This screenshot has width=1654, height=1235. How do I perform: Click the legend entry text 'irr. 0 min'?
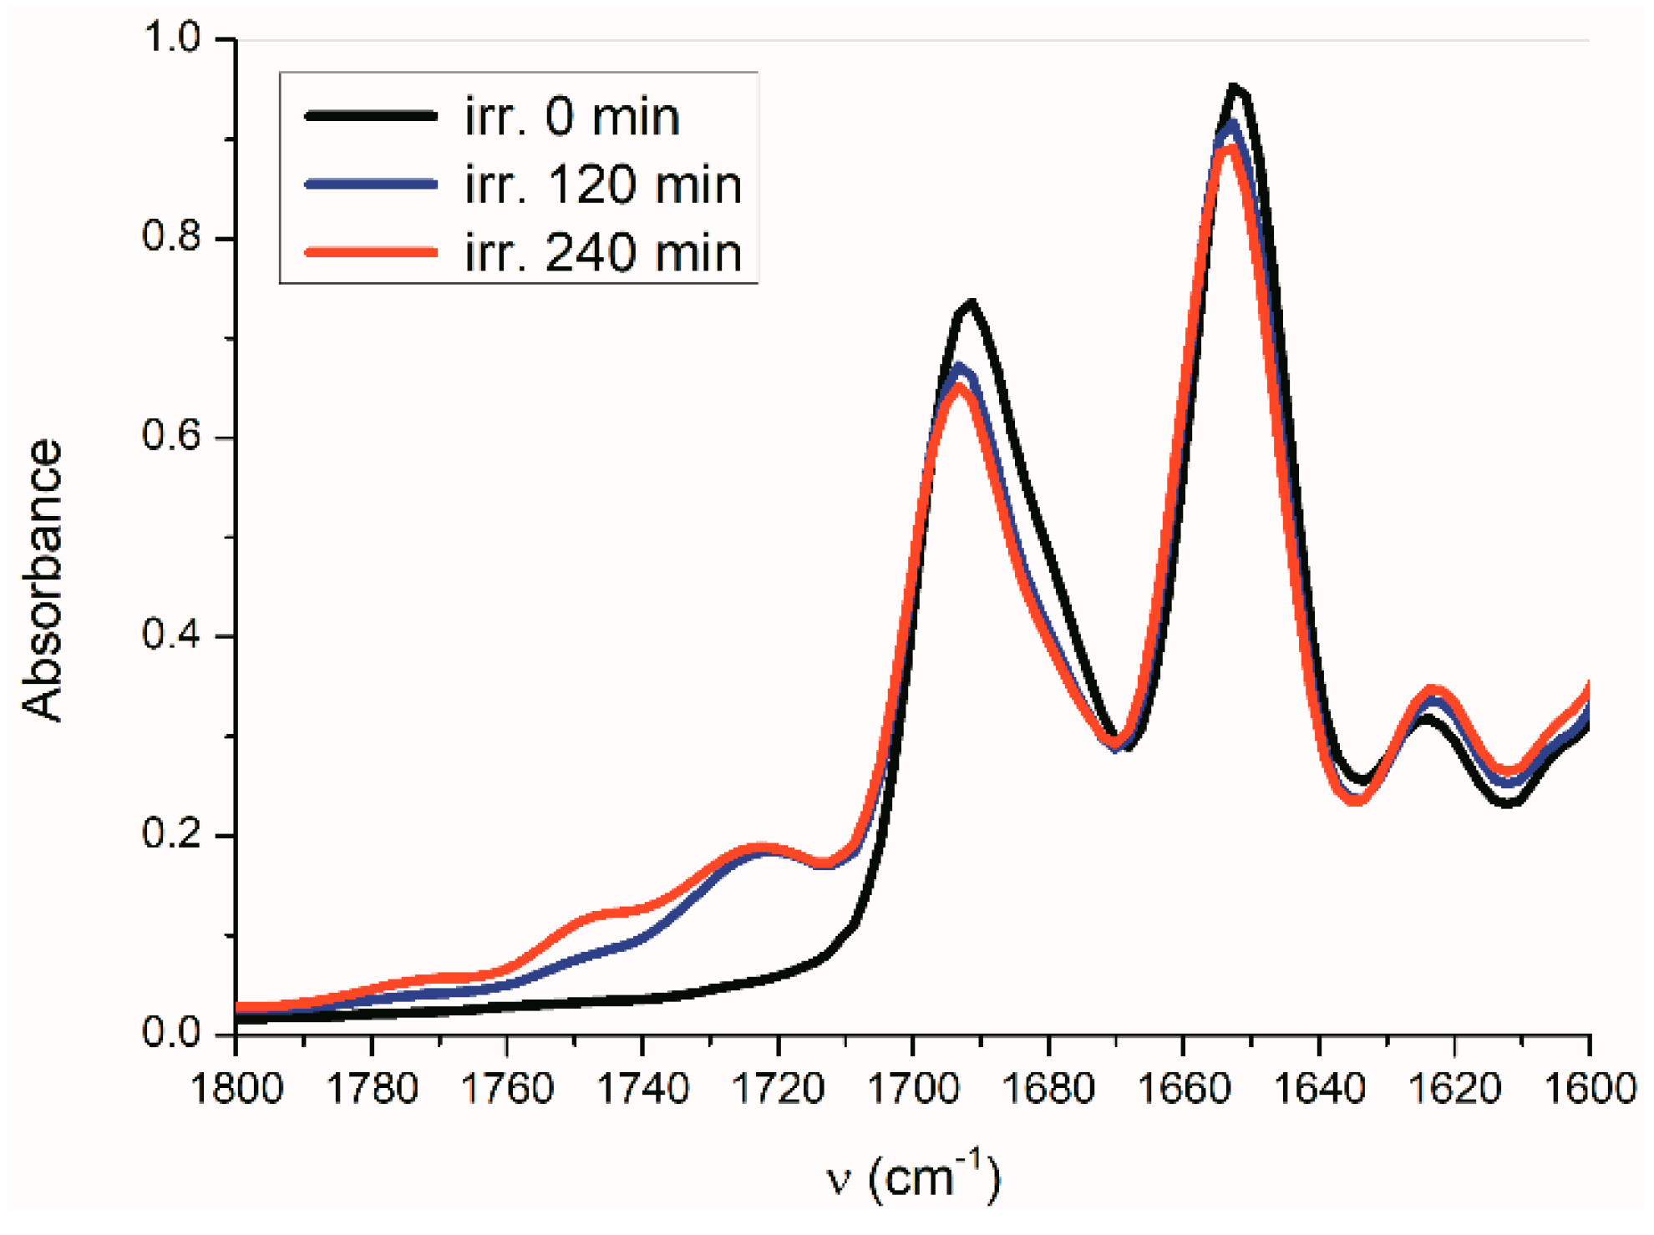572,116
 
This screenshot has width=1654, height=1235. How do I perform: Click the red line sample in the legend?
371,251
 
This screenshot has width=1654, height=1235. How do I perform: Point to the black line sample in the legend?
371,115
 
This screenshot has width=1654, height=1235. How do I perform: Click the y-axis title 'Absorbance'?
42,580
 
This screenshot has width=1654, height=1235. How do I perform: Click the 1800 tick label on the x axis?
236,1089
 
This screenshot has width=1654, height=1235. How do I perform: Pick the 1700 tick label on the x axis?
913,1089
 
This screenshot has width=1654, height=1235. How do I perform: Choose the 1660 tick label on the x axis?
1184,1089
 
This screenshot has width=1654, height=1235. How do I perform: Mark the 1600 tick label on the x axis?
1587,1089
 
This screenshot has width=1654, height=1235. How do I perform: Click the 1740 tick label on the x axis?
642,1089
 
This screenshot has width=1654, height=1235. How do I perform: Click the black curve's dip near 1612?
1509,803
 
